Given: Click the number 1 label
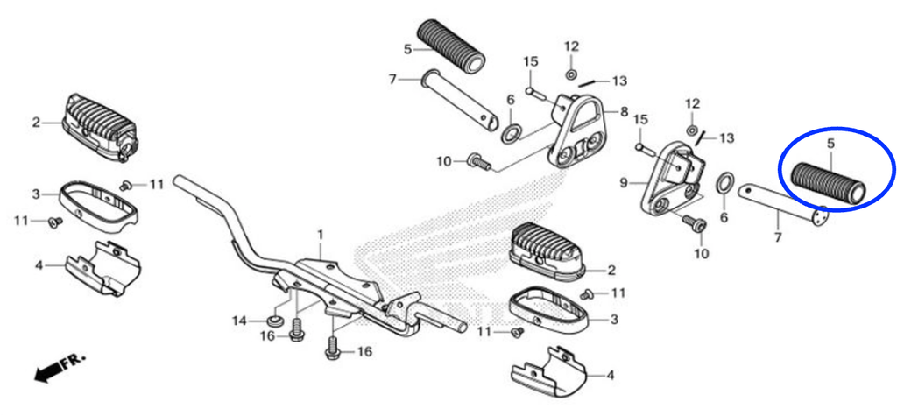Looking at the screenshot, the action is pos(321,236).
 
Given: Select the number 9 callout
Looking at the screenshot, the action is pos(624,183).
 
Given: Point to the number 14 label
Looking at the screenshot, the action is pos(240,321).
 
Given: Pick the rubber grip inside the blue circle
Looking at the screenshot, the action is pos(827,182).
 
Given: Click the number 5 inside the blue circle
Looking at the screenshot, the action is pos(831,144).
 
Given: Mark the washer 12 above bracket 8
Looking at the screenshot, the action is pos(571,74).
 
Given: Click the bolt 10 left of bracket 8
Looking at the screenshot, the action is pos(479,162).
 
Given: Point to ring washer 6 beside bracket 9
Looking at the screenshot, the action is pos(724,183).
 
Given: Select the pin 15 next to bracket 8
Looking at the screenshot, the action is pos(537,92).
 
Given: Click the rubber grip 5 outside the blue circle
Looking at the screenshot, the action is pos(451,46).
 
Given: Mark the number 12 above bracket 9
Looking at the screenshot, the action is pos(693,103).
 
